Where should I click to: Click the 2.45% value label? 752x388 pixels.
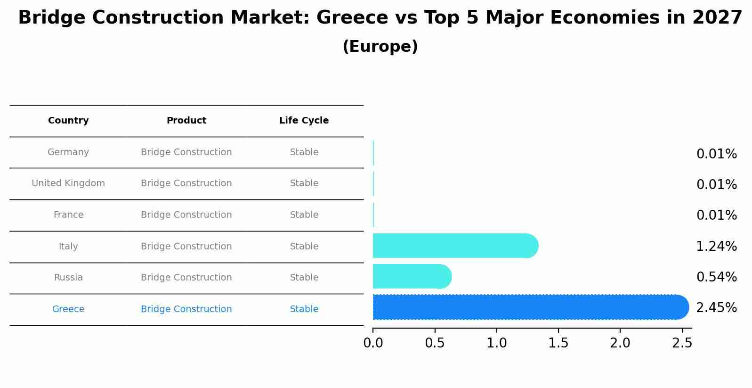point(716,308)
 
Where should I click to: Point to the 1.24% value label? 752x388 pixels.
point(716,246)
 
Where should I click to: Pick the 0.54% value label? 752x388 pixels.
point(716,277)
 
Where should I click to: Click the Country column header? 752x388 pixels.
point(68,121)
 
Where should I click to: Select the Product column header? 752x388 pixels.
point(186,121)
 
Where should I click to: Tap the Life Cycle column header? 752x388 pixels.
point(304,121)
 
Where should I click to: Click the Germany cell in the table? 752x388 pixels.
point(68,152)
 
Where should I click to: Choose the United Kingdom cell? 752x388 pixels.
point(68,183)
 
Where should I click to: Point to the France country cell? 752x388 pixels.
point(68,215)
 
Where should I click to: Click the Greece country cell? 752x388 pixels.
point(68,309)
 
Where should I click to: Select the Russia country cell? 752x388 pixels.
point(68,278)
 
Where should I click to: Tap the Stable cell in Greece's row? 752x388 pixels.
point(304,309)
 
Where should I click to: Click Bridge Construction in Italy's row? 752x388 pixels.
point(186,247)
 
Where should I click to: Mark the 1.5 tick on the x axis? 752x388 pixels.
point(558,343)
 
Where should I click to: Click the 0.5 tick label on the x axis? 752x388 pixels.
point(435,343)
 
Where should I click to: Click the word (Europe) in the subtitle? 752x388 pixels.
point(380,47)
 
